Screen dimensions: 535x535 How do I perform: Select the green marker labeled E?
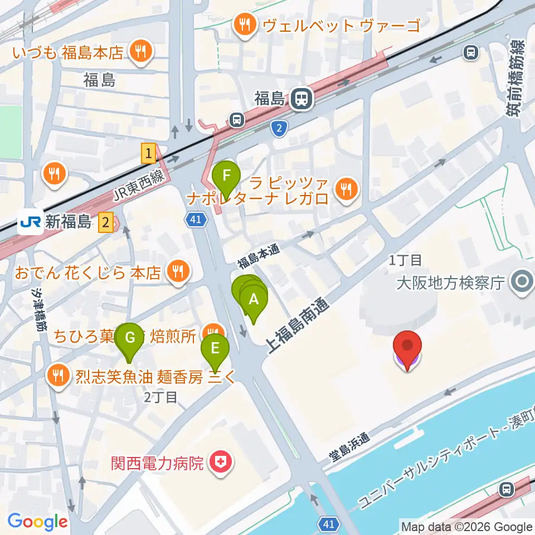coord(215,349)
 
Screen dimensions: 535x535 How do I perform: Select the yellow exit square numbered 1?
coord(148,153)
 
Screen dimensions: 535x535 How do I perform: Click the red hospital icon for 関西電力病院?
coord(220,462)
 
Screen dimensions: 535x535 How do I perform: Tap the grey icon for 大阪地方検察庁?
coord(522,282)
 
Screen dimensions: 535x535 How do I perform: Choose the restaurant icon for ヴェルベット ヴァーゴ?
coord(244,25)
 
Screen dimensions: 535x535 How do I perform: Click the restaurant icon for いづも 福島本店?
coord(137,52)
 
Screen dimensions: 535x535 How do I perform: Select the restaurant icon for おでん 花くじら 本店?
coord(178,272)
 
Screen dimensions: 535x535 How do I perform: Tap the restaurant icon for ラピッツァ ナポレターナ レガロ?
coord(346,190)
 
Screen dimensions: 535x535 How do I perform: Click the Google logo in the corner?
coord(37,522)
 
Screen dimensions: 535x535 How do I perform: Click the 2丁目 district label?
coord(160,397)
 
